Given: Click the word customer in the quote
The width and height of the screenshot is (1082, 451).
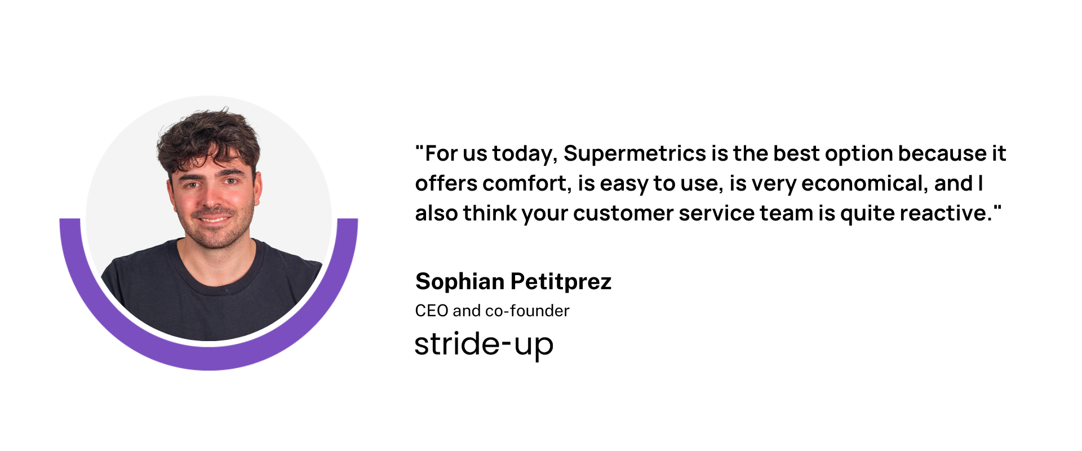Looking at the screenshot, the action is pyautogui.click(x=623, y=214).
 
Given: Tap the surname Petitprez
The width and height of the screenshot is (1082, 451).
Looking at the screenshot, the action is pyautogui.click(x=561, y=282).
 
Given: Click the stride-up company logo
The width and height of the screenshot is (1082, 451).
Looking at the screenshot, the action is pyautogui.click(x=484, y=344).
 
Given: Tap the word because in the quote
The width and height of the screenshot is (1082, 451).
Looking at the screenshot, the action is pyautogui.click(x=942, y=154).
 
